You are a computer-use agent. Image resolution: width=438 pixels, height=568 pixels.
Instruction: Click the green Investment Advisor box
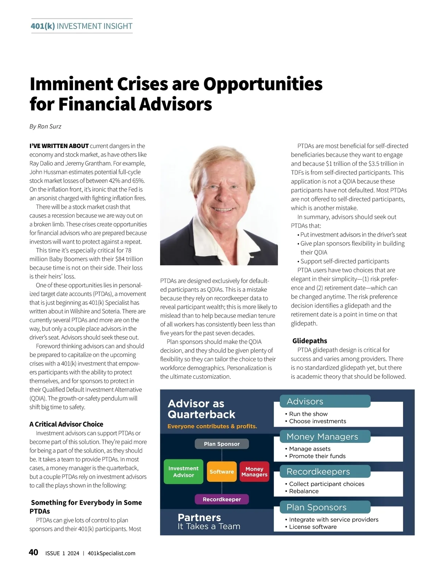coord(183,471)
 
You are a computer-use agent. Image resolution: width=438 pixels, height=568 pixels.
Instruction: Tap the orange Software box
coord(222,471)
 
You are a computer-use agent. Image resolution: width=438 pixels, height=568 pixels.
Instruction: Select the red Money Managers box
coord(254,471)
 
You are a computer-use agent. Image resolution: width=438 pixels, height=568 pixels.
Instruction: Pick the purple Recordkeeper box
coord(222,499)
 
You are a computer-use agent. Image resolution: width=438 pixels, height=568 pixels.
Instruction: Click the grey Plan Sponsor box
coord(222,444)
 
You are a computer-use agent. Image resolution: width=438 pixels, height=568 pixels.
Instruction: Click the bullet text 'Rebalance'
coord(304,491)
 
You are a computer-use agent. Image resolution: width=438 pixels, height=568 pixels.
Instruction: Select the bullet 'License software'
coord(313,527)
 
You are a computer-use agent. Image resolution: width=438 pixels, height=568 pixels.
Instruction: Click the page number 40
coord(33,552)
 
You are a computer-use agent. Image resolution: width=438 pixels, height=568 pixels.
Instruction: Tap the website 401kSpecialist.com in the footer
coord(111,553)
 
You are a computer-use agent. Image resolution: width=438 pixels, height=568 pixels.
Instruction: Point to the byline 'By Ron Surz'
coord(45,127)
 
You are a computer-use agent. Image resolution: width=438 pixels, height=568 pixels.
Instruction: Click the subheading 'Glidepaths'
coord(310,341)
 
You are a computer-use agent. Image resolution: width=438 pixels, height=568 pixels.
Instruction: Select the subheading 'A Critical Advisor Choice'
coord(66,424)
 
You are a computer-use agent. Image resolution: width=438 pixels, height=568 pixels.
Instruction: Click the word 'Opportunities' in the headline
coord(263,84)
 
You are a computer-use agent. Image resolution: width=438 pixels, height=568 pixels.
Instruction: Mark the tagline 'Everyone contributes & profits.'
coord(212,426)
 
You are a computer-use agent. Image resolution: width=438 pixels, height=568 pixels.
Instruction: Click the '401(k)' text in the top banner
coord(43,26)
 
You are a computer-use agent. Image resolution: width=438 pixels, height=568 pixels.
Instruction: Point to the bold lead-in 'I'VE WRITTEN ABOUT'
coord(59,146)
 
